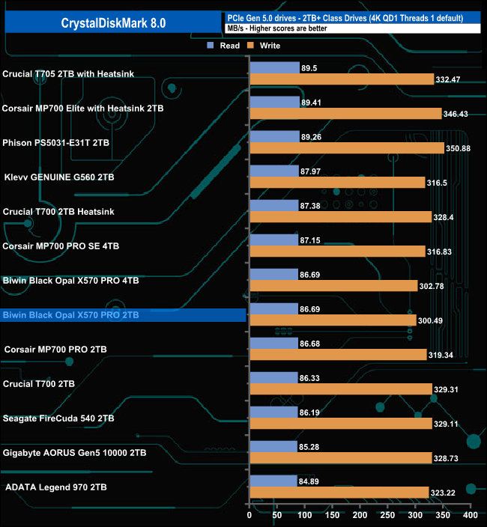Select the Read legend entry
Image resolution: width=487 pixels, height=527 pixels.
[x=224, y=46]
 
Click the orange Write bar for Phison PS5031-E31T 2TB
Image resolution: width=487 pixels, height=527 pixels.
[x=347, y=148]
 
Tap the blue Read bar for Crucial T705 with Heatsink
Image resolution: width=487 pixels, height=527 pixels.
[x=274, y=67]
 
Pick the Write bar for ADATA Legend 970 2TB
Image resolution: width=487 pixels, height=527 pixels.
[x=339, y=493]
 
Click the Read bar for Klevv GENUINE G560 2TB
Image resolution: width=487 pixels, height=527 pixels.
[x=273, y=171]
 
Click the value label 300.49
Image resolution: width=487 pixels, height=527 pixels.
[x=432, y=320]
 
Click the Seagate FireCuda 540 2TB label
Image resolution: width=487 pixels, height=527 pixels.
[x=59, y=418]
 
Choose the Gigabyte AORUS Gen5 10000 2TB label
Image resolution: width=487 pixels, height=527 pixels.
[x=75, y=453]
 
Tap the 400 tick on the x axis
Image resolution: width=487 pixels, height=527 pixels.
[x=469, y=516]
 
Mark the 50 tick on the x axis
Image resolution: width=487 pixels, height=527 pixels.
[x=276, y=516]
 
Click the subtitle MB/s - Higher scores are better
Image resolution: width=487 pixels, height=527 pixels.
[x=276, y=28]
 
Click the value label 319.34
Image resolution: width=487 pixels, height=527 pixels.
[x=442, y=355]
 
